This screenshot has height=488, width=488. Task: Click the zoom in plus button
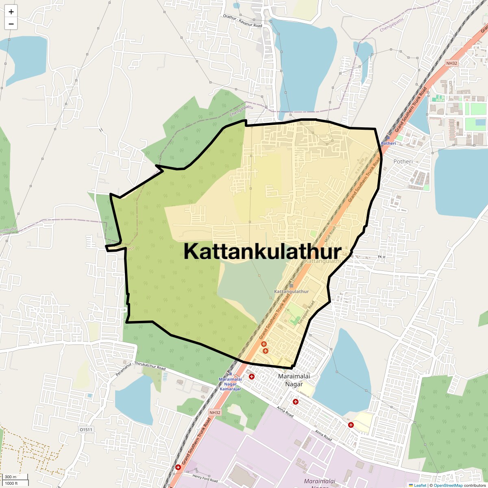pyautogui.click(x=11, y=12)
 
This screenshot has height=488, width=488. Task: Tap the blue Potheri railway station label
pyautogui.click(x=388, y=144)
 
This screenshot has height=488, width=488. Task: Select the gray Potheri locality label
pyautogui.click(x=403, y=161)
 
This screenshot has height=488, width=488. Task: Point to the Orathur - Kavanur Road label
pyautogui.click(x=243, y=21)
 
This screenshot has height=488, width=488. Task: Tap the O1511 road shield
pyautogui.click(x=86, y=429)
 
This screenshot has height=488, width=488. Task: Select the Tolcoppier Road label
pyautogui.click(x=306, y=312)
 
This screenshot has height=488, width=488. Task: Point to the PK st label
pyautogui.click(x=381, y=257)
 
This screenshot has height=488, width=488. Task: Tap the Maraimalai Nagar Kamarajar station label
pyautogui.click(x=230, y=384)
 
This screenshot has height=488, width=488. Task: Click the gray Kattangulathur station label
pyautogui.click(x=292, y=292)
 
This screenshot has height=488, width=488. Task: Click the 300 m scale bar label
pyautogui.click(x=11, y=477)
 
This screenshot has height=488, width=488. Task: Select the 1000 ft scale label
pyautogui.click(x=11, y=483)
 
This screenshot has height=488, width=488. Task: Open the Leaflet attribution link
pyautogui.click(x=420, y=485)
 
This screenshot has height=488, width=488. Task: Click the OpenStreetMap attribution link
pyautogui.click(x=448, y=485)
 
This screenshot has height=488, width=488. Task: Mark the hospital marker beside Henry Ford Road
pyautogui.click(x=178, y=467)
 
